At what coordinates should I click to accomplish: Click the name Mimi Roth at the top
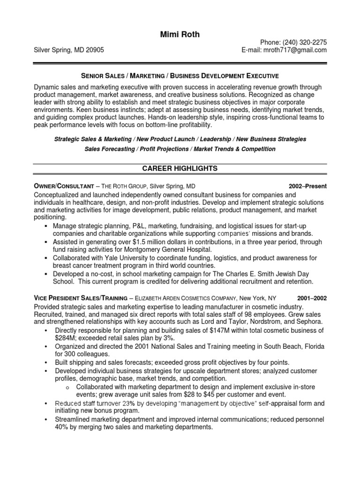(180, 35)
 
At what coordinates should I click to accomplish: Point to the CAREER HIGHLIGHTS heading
(180, 168)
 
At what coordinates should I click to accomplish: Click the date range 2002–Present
(307, 186)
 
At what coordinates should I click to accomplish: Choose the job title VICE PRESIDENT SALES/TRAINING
(80, 298)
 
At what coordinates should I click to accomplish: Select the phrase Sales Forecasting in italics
(110, 149)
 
